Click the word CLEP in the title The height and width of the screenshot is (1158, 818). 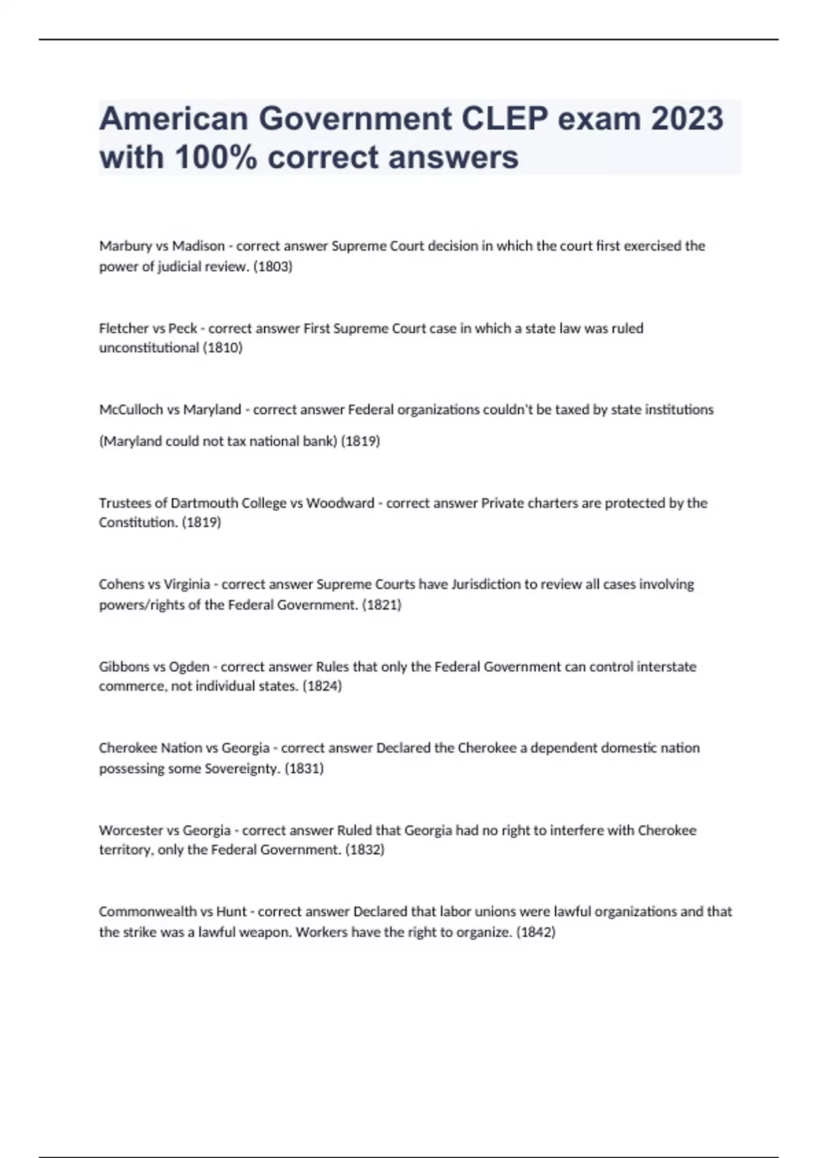pyautogui.click(x=504, y=119)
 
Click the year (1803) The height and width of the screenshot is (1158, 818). pyautogui.click(x=273, y=266)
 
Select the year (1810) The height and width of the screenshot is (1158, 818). pyautogui.click(x=223, y=347)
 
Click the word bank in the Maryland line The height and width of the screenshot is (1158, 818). pyautogui.click(x=320, y=441)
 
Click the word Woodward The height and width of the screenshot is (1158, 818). pyautogui.click(x=340, y=503)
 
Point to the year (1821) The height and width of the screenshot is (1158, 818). pyautogui.click(x=382, y=604)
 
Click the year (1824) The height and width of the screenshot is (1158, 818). pyautogui.click(x=322, y=685)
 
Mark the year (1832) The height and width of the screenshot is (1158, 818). pyautogui.click(x=365, y=849)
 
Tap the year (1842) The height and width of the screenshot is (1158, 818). pyautogui.click(x=536, y=932)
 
